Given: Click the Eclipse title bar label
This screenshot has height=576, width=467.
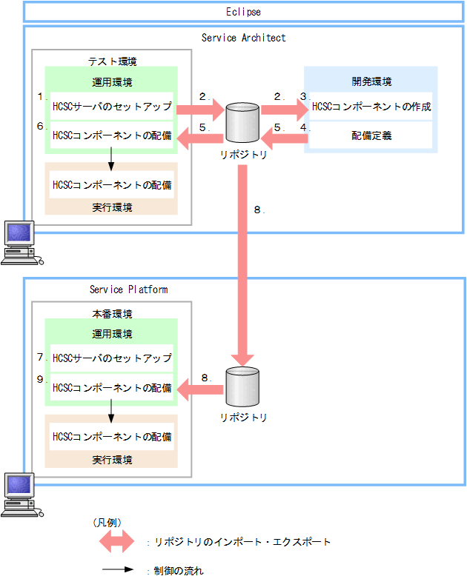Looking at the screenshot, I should [x=243, y=13].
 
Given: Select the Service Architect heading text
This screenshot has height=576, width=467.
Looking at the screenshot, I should [x=243, y=38].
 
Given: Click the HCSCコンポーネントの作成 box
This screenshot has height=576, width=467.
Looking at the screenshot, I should [x=371, y=107].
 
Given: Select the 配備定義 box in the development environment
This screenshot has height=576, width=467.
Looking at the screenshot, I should [x=371, y=136].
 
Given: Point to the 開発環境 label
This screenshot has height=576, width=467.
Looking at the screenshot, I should [x=371, y=81].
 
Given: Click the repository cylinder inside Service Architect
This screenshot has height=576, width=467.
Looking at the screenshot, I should [x=242, y=121].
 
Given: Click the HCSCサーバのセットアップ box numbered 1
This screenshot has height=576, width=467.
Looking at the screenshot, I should [x=111, y=107].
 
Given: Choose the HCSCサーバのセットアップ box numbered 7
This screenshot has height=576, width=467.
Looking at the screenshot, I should [x=111, y=358].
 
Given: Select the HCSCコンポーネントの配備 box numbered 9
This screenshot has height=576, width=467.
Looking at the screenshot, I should [x=111, y=387].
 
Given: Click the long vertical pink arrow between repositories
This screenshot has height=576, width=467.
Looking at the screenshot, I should [x=242, y=259].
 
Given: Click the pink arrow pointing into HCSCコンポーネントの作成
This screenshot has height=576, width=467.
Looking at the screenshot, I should [x=283, y=111].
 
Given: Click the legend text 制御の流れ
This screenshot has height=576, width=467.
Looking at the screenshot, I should [x=178, y=571].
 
